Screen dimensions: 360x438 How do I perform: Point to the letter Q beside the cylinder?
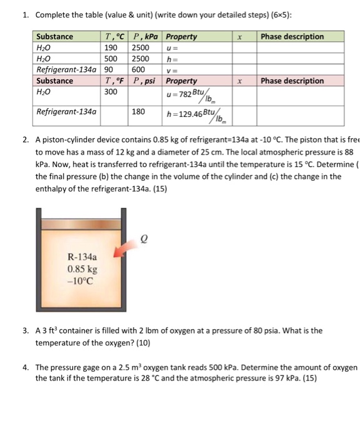(147, 237)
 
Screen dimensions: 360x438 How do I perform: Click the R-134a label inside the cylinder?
(81, 257)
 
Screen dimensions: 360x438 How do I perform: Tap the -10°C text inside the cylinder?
(81, 280)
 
